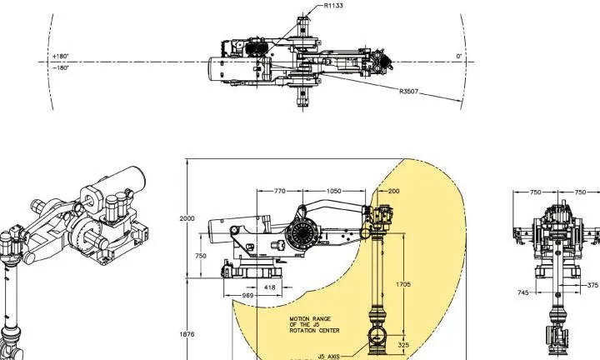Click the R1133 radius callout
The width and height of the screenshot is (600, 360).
tap(333, 6)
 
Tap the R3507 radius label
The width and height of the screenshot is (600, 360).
tap(408, 92)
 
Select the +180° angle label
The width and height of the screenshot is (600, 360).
tap(61, 56)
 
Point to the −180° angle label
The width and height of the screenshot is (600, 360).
tap(61, 67)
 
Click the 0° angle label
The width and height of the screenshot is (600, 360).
tap(459, 56)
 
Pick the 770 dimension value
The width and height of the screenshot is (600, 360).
tap(280, 191)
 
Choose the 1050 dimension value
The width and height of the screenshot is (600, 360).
tap(333, 191)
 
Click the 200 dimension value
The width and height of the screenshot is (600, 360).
tap(393, 191)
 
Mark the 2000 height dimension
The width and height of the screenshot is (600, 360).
tap(187, 218)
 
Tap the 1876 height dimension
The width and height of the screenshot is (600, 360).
tap(187, 334)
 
